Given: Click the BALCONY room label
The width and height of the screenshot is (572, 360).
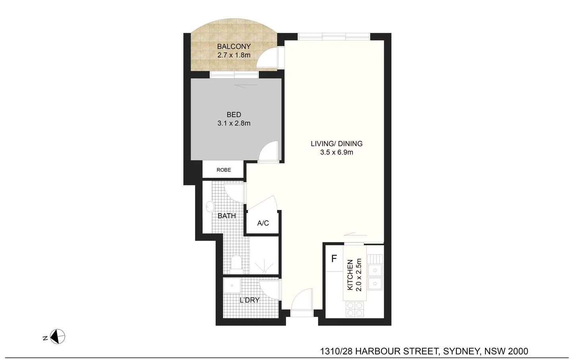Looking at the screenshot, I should pos(234,47).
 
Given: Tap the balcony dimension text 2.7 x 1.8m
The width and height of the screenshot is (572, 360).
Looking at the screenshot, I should pos(234,55).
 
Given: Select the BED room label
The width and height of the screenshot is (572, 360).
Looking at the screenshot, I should pos(234,115).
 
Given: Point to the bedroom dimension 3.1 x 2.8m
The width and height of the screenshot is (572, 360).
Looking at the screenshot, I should pos(234,123).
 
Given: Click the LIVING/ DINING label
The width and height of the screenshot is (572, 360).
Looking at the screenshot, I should pos(336,144).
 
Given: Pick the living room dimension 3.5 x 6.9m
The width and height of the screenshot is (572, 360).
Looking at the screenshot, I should pos(336,152).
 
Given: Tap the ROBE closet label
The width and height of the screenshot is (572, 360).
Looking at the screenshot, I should pos(224,170).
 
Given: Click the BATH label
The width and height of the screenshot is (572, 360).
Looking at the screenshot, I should pos(227,216).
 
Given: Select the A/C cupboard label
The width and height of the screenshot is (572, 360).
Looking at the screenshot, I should pos(263,223).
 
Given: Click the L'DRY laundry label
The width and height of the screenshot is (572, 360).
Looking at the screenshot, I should pos(249,300).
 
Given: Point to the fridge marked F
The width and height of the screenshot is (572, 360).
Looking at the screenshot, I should pos(334,259).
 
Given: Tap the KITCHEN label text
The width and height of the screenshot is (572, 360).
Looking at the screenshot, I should pos(350,275).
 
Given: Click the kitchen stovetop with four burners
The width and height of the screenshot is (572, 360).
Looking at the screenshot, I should pos(354,309).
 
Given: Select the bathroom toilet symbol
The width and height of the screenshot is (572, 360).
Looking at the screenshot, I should pos(236,262).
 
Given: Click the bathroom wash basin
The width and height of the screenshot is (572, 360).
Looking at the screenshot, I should pos(210,207).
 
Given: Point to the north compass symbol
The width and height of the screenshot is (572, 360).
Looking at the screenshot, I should pos(58,337).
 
